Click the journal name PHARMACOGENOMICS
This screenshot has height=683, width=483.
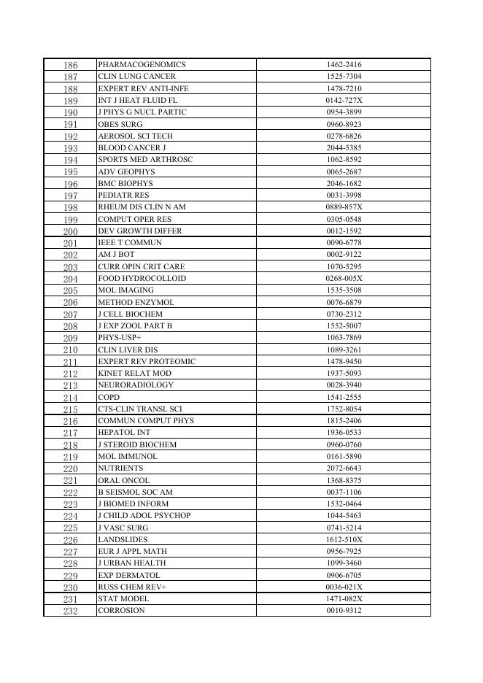pos(142,65)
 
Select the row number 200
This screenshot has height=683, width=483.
pos(70,231)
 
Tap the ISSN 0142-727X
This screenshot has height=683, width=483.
pos(344,101)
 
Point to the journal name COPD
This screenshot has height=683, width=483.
pos(109,398)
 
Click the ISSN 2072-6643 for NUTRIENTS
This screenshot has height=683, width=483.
pos(344,468)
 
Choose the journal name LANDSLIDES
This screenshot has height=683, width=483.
pos(123,540)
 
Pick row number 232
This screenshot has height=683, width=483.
pos(70,611)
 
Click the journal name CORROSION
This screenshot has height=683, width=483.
pos(121,611)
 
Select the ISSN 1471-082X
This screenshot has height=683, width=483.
pos(344,599)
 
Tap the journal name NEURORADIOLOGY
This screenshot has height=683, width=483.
pos(136,385)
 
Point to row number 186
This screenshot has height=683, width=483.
pos(70,66)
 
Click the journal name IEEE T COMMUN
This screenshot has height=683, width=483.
pos(130,243)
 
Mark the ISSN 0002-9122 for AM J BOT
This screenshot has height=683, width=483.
pos(344,255)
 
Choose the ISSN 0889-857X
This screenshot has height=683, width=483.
pos(344,207)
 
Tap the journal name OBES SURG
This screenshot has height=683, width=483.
pos(120,125)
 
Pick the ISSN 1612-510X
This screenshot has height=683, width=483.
pos(344,540)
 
